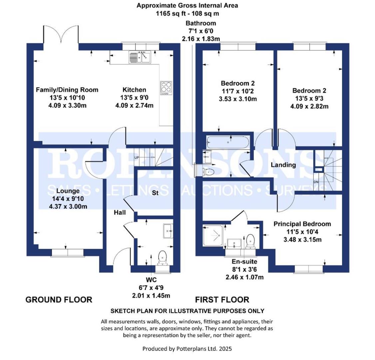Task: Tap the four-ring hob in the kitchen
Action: pyautogui.click(x=166, y=87)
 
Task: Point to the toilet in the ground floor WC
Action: pyautogui.click(x=162, y=257)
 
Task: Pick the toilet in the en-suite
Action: pyautogui.click(x=250, y=241)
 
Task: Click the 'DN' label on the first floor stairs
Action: pyautogui.click(x=317, y=182)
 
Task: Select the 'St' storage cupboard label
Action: pyautogui.click(x=155, y=193)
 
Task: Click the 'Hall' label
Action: pyautogui.click(x=120, y=212)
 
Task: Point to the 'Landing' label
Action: pyautogui.click(x=283, y=165)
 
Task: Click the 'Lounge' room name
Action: pyautogui.click(x=68, y=191)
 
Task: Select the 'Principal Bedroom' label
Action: pyautogui.click(x=302, y=224)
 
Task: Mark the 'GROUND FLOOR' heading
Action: pyautogui.click(x=59, y=300)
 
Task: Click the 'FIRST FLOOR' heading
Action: pyautogui.click(x=222, y=300)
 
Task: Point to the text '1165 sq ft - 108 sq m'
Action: pyautogui.click(x=187, y=14)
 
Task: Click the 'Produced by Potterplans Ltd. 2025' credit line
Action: pyautogui.click(x=187, y=349)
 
